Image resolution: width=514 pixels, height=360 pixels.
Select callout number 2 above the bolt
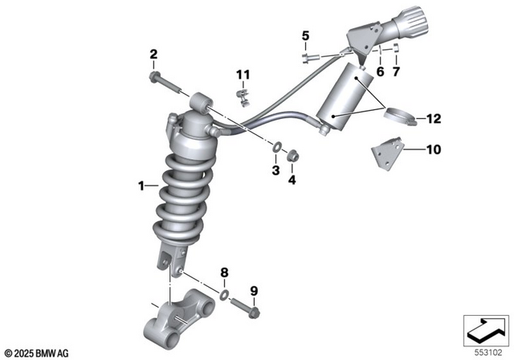[x=153, y=55]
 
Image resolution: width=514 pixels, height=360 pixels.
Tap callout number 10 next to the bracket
[x=434, y=149]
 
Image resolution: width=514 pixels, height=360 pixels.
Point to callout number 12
[x=434, y=120]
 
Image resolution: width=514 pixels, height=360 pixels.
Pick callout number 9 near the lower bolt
[x=254, y=290]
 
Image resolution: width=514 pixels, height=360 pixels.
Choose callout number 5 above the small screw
[x=305, y=35]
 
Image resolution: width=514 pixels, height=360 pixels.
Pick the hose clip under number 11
[x=244, y=98]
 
